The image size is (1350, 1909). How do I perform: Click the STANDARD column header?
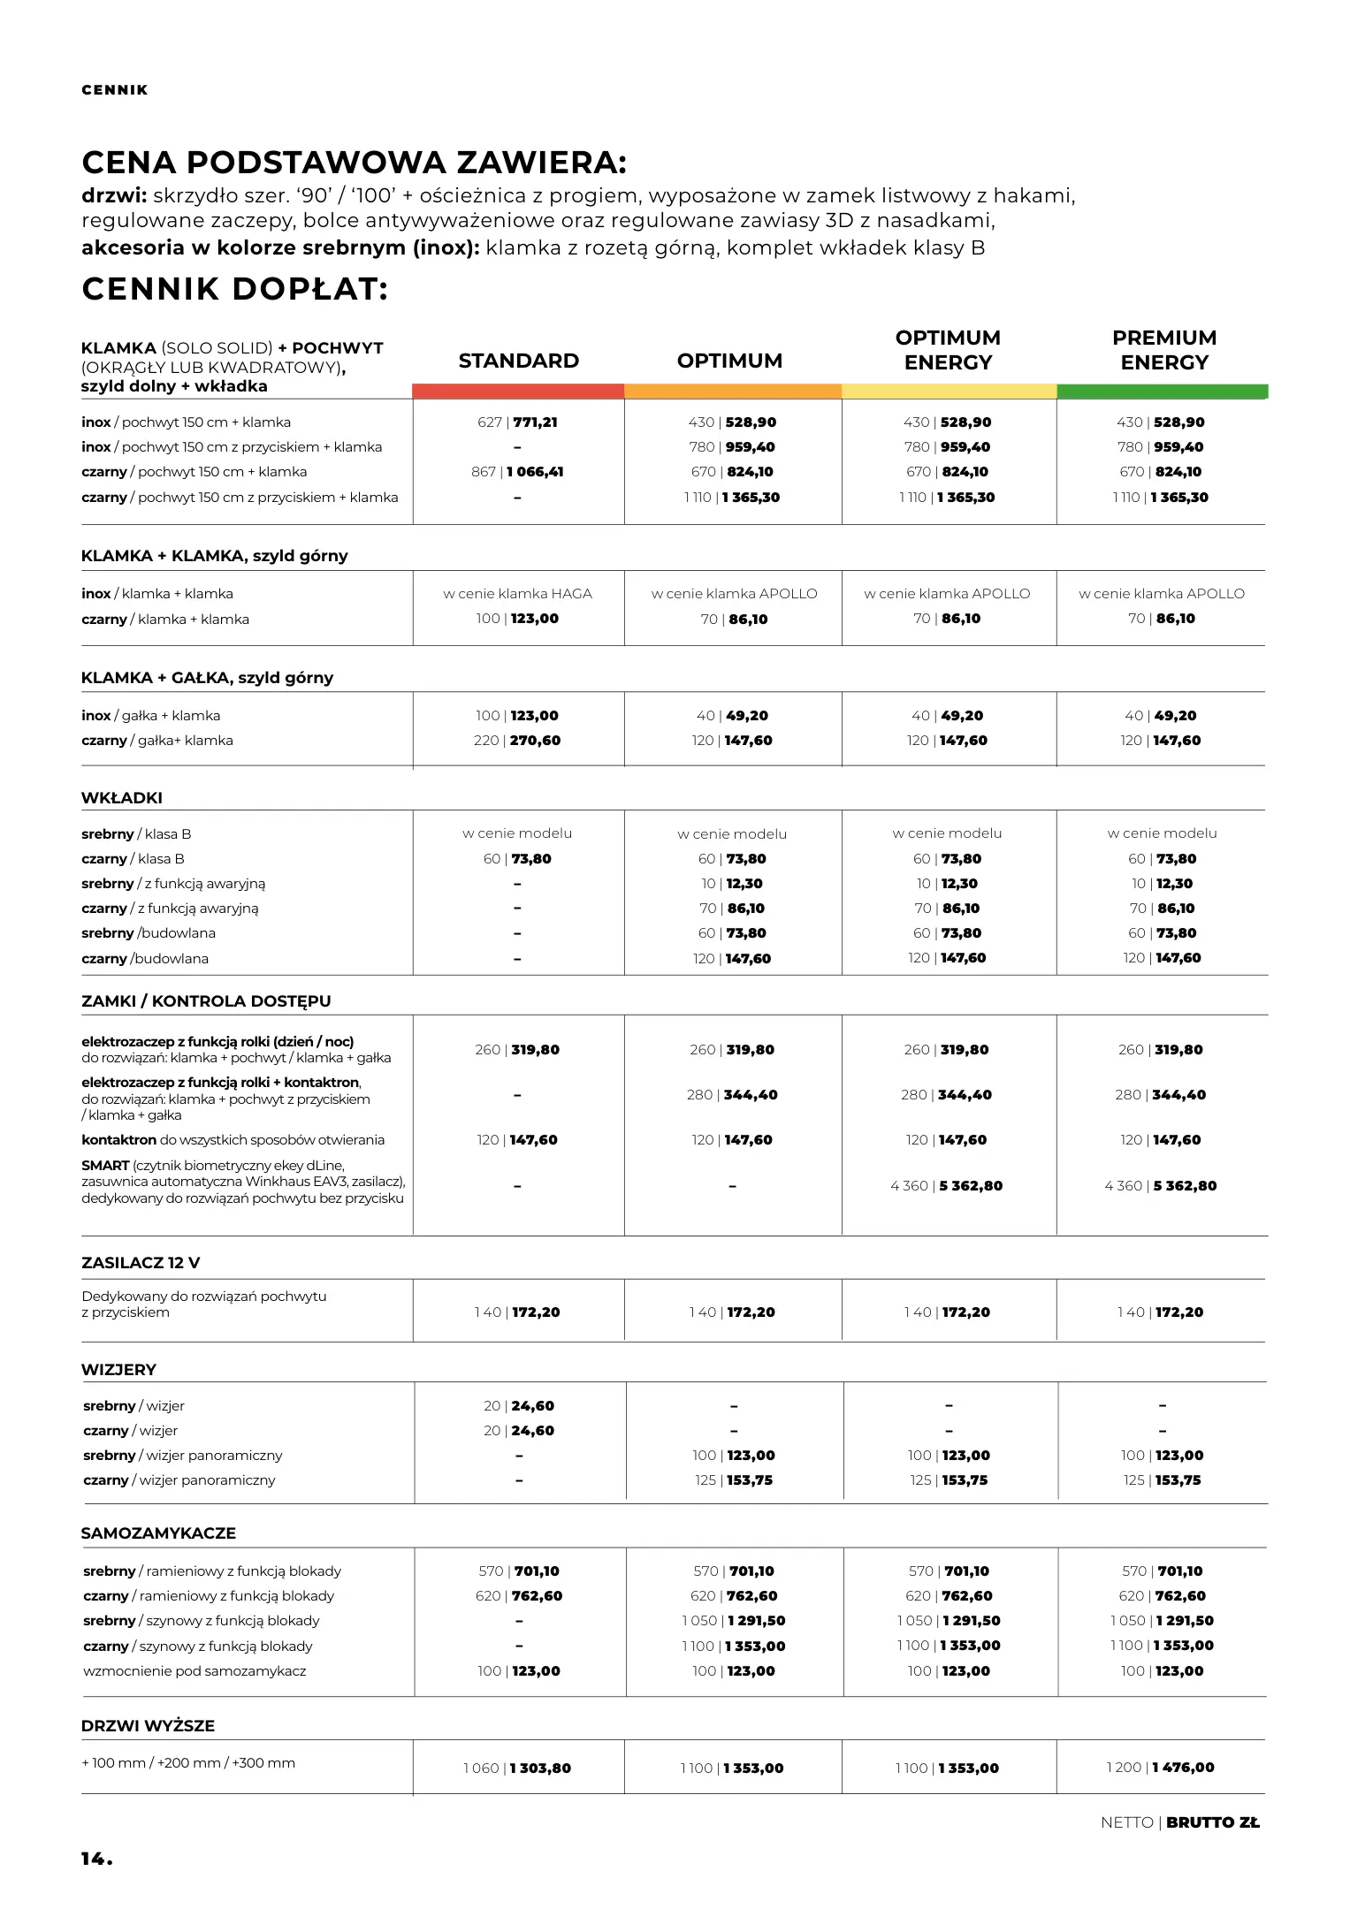[518, 361]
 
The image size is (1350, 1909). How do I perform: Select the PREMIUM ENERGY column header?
[1163, 350]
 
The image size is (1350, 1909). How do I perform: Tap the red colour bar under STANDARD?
[518, 391]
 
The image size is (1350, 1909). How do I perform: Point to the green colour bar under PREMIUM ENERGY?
[1162, 391]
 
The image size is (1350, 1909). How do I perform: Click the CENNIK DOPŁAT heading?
[234, 289]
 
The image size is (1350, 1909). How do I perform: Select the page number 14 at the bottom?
[96, 1859]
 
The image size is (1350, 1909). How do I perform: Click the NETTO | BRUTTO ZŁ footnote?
[1179, 1822]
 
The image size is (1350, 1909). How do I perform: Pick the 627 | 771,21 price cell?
[517, 422]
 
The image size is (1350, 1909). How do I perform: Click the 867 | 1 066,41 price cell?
[517, 472]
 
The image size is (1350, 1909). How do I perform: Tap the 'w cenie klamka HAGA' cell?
[517, 594]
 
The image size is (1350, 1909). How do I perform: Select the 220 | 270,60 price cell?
[517, 741]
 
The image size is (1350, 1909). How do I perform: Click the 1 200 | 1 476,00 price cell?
[1160, 1768]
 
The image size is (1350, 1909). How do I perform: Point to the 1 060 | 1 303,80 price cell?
[517, 1768]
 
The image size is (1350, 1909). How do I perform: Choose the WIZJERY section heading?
[118, 1370]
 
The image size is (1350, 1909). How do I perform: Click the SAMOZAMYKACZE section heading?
[158, 1533]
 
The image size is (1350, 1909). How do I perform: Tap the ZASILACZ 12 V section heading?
[141, 1263]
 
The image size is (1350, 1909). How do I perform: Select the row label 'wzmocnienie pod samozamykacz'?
[194, 1671]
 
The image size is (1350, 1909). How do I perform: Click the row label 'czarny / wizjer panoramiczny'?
[179, 1480]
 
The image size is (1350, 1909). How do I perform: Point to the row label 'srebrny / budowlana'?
[149, 933]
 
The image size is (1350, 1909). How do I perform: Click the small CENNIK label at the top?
[115, 90]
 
